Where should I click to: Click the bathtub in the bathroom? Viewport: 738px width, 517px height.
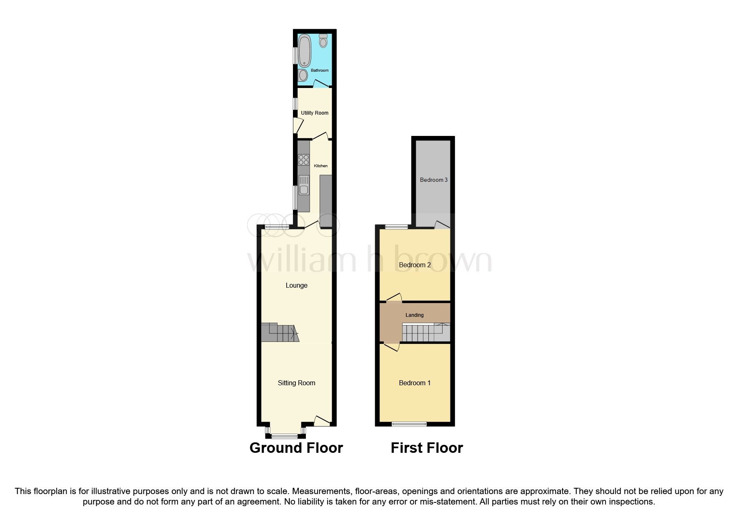(x=305, y=50)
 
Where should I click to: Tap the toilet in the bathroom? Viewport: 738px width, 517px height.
(x=323, y=41)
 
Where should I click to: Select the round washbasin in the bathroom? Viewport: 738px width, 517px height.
(x=303, y=75)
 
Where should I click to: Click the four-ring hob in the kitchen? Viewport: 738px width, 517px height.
(x=304, y=160)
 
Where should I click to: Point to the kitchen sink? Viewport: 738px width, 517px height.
(x=304, y=186)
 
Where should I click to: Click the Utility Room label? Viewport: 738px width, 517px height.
(x=315, y=113)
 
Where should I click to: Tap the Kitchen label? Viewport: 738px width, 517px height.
(x=320, y=166)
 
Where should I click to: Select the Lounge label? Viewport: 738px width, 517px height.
(x=296, y=286)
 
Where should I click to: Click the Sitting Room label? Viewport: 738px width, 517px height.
(x=296, y=383)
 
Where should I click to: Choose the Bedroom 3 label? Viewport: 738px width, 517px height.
(x=433, y=180)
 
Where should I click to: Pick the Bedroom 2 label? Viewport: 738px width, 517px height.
(x=415, y=265)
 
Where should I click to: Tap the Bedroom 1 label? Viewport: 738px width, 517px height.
(x=415, y=383)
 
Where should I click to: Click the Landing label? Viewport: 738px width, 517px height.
(x=414, y=315)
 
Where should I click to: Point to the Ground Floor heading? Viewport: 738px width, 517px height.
(x=296, y=448)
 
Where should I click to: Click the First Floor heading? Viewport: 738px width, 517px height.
(x=427, y=448)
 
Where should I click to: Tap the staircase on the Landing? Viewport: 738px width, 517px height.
(x=425, y=333)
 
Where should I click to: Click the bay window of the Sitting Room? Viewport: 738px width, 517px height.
(x=285, y=436)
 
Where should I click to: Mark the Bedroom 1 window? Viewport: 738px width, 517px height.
(x=409, y=424)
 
